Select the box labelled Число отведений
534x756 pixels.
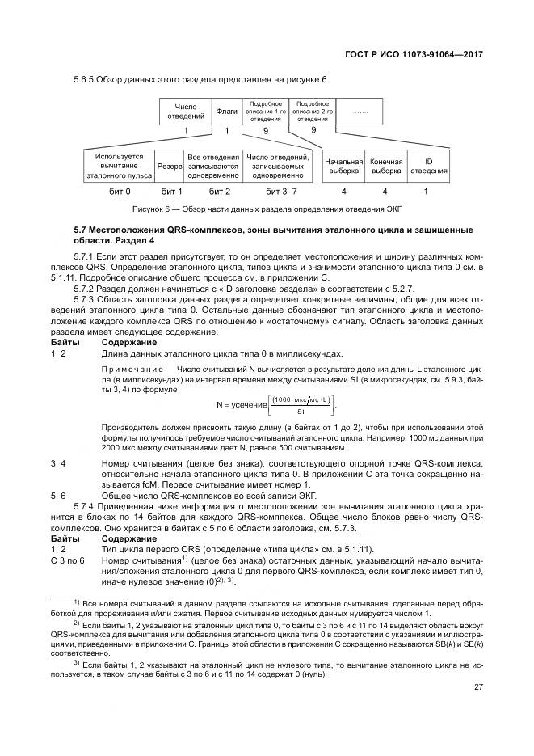pyautogui.click(x=186, y=112)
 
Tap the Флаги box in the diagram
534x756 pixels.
pyautogui.click(x=227, y=112)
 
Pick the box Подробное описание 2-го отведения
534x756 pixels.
pyautogui.click(x=313, y=112)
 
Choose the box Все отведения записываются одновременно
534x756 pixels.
pyautogui.click(x=213, y=165)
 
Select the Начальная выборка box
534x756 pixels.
pyautogui.click(x=343, y=165)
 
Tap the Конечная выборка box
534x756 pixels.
pyautogui.click(x=385, y=165)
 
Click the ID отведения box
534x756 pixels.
pyautogui.click(x=428, y=165)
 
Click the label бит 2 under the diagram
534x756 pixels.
pyautogui.click(x=220, y=191)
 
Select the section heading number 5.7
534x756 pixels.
pyautogui.click(x=82, y=230)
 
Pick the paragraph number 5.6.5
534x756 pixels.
pyautogui.click(x=85, y=78)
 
